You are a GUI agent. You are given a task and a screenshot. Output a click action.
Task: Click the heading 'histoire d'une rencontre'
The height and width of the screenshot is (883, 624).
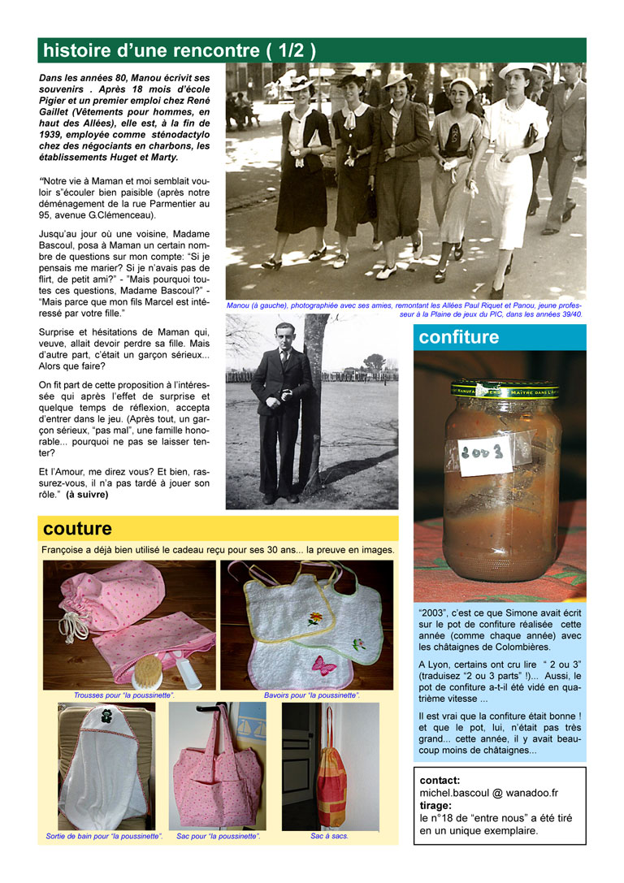[179, 50]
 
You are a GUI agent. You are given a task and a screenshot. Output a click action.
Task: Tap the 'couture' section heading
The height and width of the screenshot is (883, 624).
[77, 529]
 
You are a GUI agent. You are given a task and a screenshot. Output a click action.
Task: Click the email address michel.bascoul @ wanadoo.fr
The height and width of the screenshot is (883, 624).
[488, 793]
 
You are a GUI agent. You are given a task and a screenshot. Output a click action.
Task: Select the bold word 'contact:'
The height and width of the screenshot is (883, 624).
[440, 780]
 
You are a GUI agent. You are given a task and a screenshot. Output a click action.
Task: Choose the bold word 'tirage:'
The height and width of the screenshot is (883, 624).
[436, 806]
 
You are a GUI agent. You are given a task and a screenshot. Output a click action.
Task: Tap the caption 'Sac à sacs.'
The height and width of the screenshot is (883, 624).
[329, 835]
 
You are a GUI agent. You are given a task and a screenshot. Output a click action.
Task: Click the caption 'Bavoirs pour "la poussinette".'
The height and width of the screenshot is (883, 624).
[312, 695]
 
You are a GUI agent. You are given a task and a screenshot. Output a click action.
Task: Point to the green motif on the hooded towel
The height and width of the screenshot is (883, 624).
[106, 718]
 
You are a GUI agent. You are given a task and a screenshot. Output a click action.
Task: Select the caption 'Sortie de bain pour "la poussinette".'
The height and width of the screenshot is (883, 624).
[104, 835]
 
